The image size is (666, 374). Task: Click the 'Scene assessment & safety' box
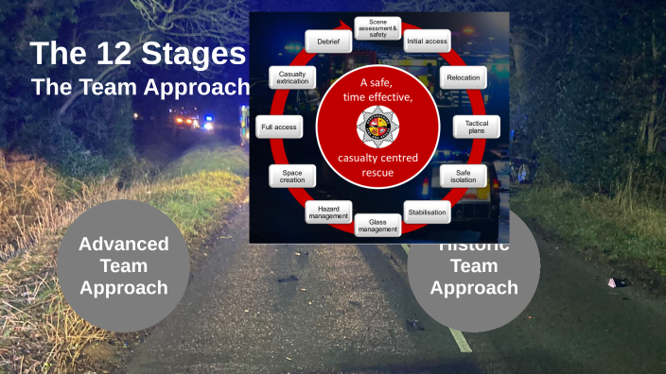point(377,27)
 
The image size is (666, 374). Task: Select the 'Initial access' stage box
point(427,42)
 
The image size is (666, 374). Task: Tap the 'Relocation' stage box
point(464,77)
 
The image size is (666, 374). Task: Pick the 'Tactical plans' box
point(476,127)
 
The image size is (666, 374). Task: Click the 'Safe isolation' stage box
point(463,177)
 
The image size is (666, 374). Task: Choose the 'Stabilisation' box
point(428,212)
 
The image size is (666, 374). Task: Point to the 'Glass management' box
point(377,226)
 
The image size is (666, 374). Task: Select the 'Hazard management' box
point(328,212)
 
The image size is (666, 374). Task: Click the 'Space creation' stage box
point(292,176)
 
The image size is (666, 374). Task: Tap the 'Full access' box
point(280,127)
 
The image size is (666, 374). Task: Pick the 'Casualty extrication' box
point(292,77)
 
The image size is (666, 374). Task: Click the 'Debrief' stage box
point(328,42)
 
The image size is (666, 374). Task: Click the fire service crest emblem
point(378,126)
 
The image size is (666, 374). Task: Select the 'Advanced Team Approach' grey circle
point(123,265)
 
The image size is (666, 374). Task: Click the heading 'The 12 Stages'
point(137,53)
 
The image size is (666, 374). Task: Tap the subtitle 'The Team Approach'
point(140,87)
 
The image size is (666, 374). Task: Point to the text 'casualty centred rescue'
point(378,164)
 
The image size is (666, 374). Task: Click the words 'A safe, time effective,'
point(378,90)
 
